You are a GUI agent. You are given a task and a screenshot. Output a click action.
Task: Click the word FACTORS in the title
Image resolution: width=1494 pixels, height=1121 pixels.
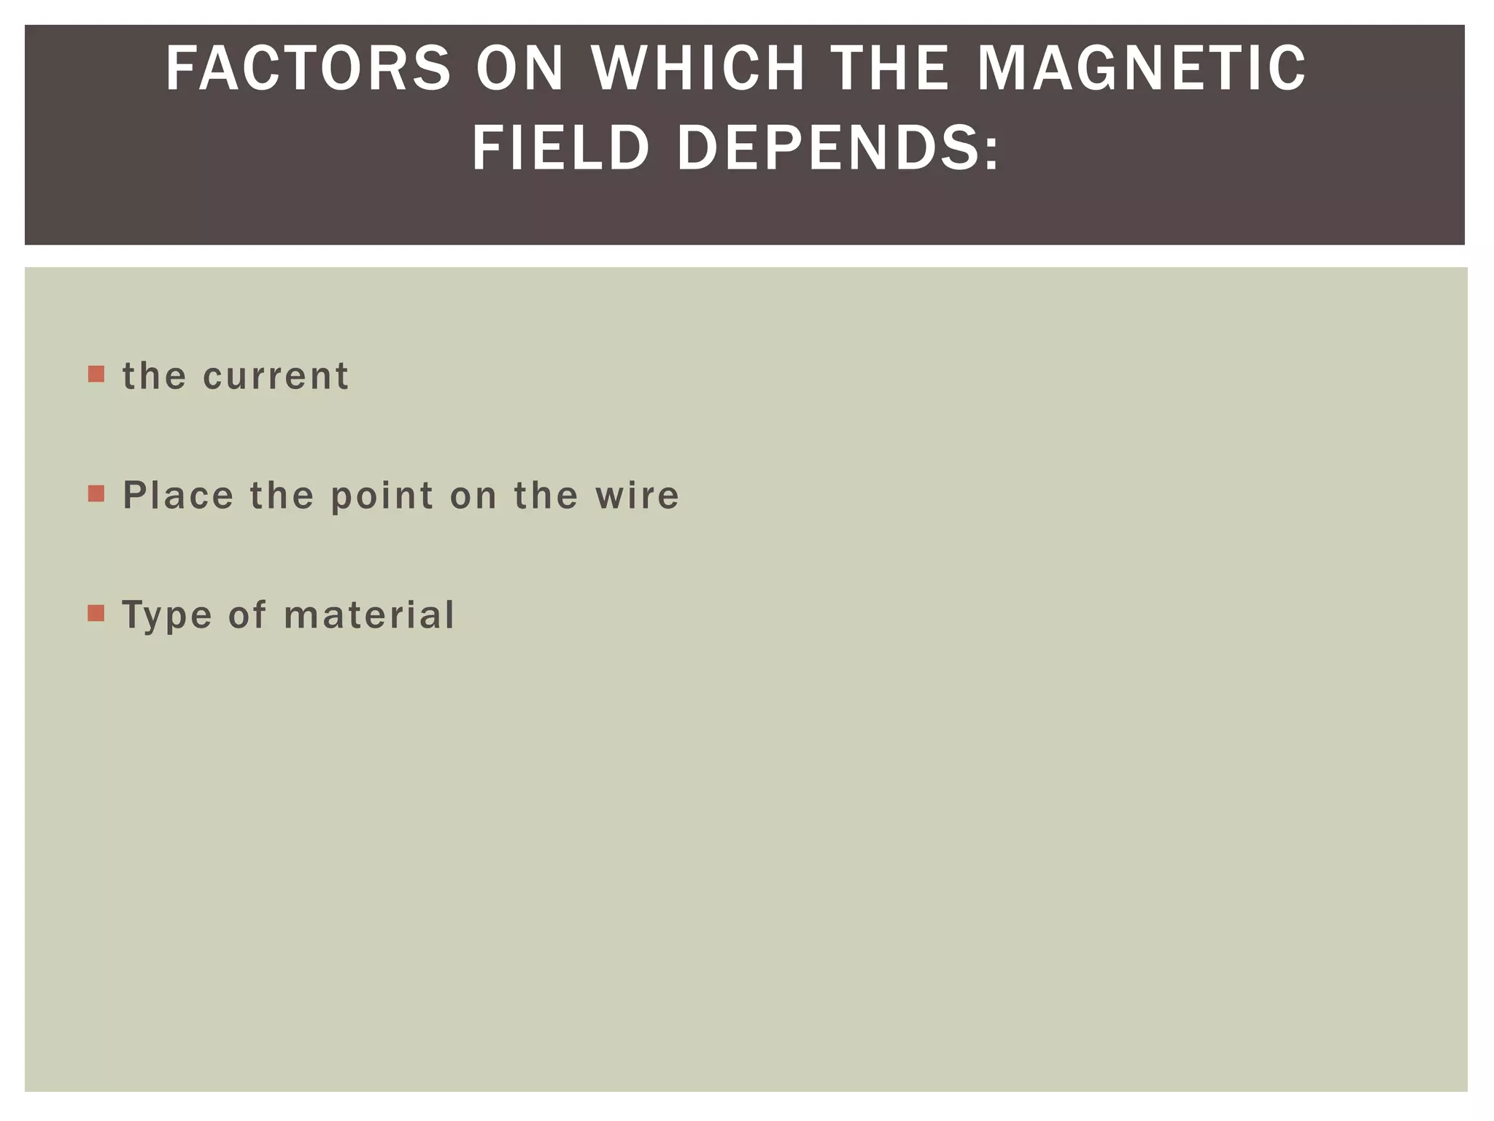(308, 69)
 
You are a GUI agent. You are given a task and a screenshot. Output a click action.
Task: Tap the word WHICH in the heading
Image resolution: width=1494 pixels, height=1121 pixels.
(698, 69)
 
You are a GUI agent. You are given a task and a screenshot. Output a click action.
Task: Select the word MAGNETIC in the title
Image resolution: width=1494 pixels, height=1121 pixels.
(1141, 69)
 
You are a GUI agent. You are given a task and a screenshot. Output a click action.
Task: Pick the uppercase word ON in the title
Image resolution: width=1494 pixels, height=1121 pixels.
(520, 69)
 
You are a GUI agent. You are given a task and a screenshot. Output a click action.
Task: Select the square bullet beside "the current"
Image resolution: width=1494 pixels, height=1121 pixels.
(96, 374)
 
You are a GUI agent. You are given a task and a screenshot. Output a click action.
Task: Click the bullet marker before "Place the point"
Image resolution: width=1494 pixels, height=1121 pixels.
(96, 494)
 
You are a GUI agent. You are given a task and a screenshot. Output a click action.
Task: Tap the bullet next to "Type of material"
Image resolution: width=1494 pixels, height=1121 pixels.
(96, 613)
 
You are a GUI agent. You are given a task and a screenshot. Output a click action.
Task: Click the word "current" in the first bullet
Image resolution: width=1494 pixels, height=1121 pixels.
(276, 377)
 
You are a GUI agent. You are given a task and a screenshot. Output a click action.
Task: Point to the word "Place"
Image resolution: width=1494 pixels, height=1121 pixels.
(178, 496)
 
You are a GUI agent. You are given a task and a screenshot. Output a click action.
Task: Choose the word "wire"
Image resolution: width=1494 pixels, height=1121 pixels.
(637, 496)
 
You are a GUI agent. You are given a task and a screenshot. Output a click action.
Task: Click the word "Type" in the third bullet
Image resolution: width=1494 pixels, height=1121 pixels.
(166, 616)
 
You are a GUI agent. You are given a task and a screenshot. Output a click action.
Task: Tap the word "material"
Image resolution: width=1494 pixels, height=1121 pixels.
(369, 615)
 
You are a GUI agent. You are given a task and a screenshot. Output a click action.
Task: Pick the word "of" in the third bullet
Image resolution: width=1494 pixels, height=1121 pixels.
(247, 615)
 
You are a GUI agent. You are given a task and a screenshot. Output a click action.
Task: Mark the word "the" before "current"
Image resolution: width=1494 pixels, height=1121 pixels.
(154, 377)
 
